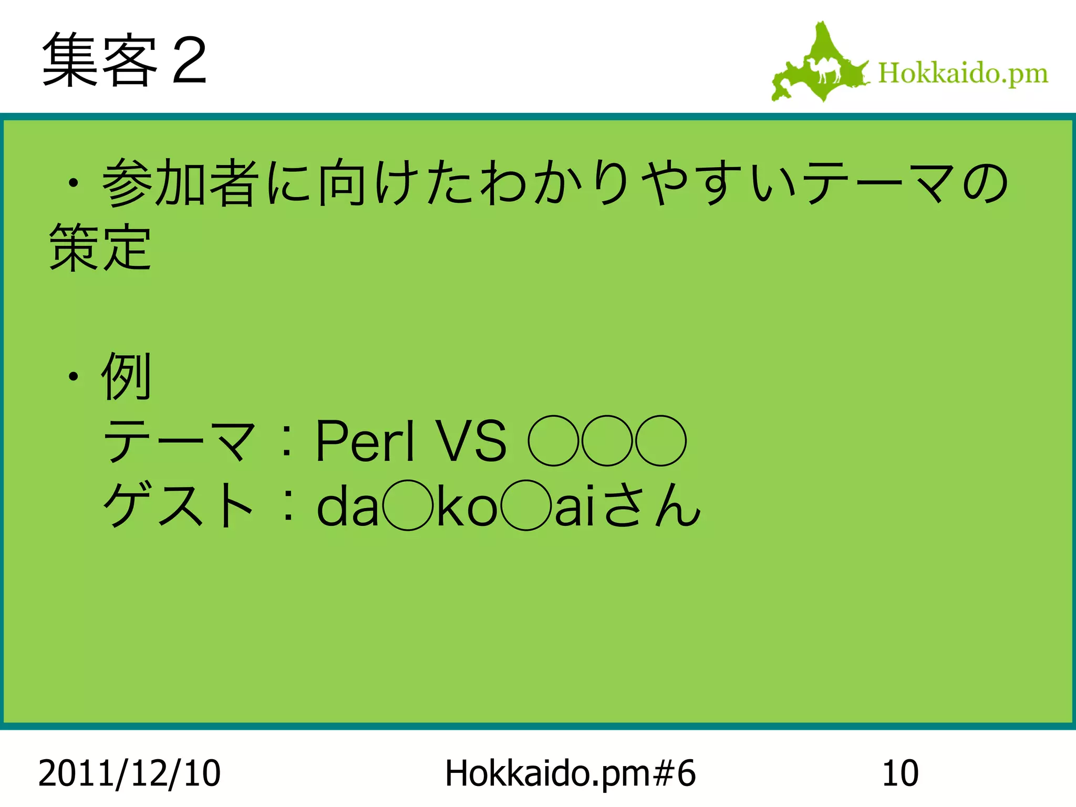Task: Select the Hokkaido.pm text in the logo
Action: tap(963, 73)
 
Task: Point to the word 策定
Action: tap(100, 246)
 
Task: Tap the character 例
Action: tap(127, 376)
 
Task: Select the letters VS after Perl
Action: tap(473, 441)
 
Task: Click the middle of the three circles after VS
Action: tap(607, 441)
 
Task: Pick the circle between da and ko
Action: tap(408, 505)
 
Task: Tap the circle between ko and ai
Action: tap(526, 505)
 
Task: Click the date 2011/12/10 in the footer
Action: tap(129, 773)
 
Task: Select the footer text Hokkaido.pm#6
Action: tap(570, 773)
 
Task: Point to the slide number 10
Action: tap(900, 773)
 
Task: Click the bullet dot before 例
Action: tap(74, 376)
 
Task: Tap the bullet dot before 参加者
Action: tap(74, 183)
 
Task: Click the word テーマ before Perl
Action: tap(179, 441)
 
